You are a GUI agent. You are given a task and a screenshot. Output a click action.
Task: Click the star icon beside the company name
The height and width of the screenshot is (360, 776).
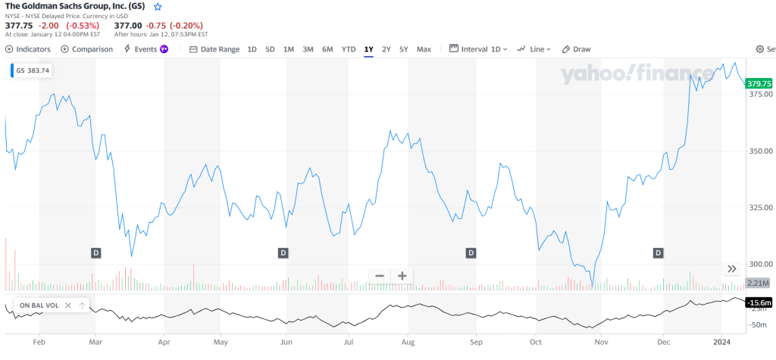click(x=158, y=6)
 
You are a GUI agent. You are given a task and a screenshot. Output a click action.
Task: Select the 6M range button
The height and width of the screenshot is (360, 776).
click(x=327, y=49)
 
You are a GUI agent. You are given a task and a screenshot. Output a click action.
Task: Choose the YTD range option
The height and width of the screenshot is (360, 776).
click(x=349, y=49)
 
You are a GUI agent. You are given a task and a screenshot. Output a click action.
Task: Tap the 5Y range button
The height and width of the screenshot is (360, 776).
click(x=404, y=49)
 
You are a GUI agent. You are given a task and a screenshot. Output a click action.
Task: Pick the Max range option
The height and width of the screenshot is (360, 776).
click(x=424, y=49)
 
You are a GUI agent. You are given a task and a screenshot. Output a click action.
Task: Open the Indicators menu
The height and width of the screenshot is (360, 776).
click(x=28, y=49)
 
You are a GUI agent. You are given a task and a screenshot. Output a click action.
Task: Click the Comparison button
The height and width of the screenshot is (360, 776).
click(x=87, y=49)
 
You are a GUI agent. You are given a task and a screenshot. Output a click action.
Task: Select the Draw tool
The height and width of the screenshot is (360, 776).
click(x=576, y=49)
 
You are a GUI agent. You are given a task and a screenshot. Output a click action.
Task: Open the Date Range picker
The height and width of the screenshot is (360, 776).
click(x=214, y=49)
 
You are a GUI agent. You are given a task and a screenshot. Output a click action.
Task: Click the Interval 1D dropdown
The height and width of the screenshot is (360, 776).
click(x=479, y=49)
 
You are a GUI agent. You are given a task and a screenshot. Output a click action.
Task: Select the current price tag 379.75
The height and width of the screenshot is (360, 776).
click(x=759, y=83)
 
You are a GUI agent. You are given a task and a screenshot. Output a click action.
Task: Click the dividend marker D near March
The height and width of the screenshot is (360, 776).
click(x=96, y=252)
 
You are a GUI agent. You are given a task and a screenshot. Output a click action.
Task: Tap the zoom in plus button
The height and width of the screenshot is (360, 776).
click(x=402, y=276)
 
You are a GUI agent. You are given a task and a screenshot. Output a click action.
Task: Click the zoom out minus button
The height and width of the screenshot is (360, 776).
click(x=379, y=276)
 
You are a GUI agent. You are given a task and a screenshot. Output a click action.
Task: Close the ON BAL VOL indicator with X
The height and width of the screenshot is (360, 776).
click(x=68, y=305)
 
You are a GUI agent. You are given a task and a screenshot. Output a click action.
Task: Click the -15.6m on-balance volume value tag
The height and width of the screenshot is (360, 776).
click(x=759, y=304)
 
